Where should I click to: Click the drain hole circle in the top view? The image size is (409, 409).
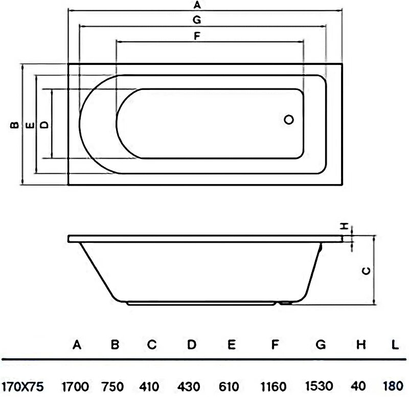pos(289,120)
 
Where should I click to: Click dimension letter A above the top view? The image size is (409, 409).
pos(197,6)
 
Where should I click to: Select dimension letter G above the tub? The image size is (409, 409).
pos(196,20)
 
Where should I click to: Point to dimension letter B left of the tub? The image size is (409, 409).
pos(15,124)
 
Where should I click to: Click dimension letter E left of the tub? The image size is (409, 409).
pos(30,124)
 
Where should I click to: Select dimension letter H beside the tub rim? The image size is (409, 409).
pos(346,225)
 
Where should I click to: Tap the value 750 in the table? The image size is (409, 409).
pos(113,386)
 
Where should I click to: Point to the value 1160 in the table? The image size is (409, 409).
pos(275,386)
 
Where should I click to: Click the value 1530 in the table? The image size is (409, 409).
pos(321,386)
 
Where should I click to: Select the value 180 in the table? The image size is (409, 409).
pos(394,386)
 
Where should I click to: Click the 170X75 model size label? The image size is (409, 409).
pos(22,386)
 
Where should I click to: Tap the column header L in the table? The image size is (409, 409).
pos(395,345)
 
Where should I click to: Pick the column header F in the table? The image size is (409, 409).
pos(275,345)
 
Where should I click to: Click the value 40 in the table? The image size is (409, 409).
pos(359,386)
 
